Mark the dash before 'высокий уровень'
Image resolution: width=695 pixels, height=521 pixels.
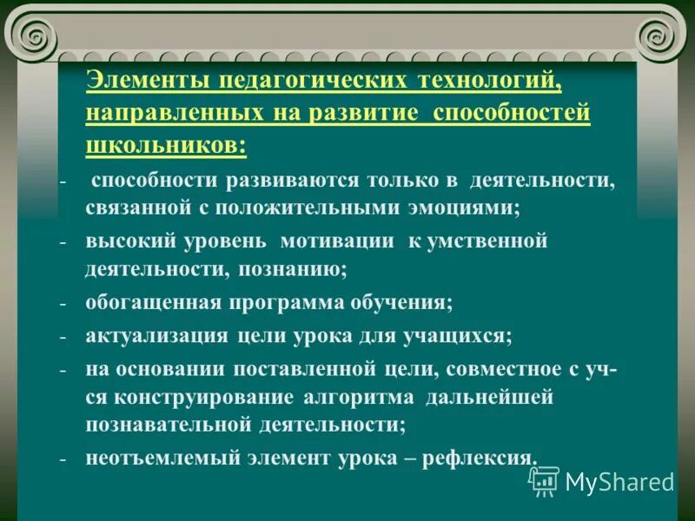click(63, 242)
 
